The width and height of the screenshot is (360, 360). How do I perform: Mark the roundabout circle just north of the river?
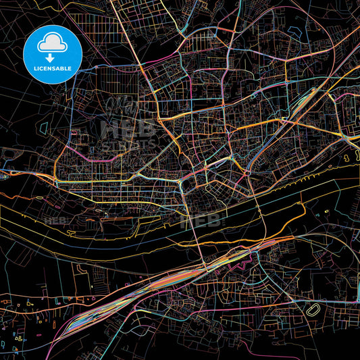[249, 174]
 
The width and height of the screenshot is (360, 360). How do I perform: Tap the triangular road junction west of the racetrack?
[290, 297]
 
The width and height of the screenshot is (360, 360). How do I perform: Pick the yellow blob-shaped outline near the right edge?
[350, 156]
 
